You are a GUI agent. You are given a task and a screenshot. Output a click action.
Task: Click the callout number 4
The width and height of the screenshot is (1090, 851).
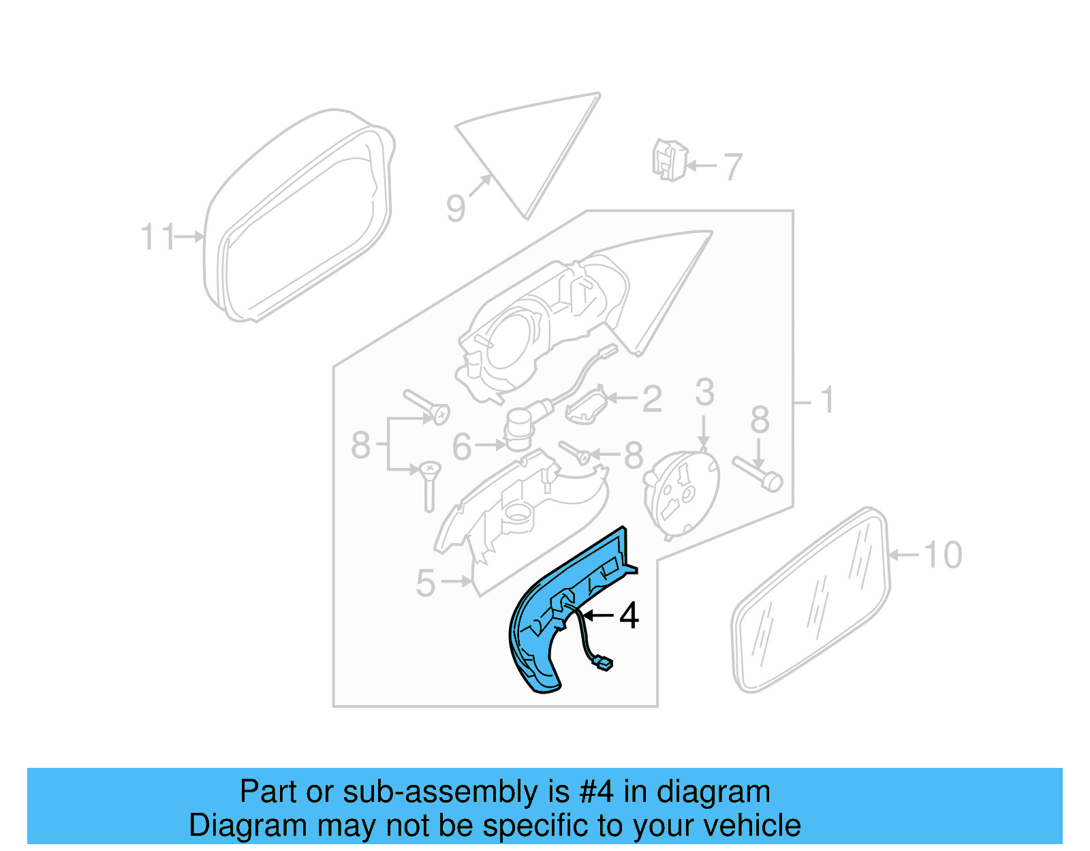pos(629,616)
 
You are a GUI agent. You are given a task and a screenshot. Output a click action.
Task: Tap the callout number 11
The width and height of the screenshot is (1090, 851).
pos(157,237)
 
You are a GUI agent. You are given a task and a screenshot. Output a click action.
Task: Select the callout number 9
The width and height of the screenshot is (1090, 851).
pos(456,207)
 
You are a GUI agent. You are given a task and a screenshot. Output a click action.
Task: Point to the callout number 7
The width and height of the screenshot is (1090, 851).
pos(732,166)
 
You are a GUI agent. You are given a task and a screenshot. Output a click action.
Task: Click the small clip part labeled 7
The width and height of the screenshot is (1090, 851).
pos(669,160)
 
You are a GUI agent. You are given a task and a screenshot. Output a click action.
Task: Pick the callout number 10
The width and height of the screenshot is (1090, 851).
pos(943,555)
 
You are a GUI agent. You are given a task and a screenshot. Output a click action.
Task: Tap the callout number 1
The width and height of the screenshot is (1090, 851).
pos(827,400)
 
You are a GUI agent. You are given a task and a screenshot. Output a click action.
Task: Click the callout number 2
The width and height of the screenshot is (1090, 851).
pos(652,399)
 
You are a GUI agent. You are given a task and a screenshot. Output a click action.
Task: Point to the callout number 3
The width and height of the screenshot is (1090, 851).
pos(705,393)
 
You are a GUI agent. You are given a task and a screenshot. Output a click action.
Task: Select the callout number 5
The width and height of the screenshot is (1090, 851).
pos(426,583)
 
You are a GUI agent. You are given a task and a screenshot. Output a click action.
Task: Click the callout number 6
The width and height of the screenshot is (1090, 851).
pos(462,447)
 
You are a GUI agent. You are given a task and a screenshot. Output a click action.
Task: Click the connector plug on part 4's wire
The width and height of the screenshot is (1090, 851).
pos(603,664)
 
